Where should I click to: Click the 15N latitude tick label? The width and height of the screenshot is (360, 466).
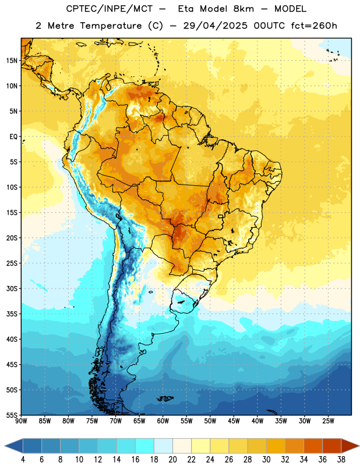(12, 61)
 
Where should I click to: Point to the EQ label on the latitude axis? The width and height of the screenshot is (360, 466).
(13, 137)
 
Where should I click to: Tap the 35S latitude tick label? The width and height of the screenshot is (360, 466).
(12, 314)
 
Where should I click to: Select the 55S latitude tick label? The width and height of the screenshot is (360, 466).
(12, 415)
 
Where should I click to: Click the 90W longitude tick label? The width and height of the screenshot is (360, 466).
(22, 421)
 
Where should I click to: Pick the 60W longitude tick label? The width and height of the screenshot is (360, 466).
(163, 421)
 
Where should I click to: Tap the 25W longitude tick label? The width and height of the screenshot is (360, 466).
(328, 421)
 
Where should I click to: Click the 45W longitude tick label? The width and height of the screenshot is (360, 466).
(234, 421)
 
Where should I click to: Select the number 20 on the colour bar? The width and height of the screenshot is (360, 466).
(172, 460)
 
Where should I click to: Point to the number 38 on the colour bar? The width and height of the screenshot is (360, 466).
(341, 460)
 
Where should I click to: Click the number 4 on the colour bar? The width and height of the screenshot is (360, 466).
(23, 460)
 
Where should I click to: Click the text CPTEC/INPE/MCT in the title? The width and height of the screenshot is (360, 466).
(110, 9)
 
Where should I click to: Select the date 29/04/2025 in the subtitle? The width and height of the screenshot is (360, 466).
(215, 26)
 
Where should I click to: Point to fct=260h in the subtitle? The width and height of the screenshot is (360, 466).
(314, 26)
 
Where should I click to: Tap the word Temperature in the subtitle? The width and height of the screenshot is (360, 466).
(111, 26)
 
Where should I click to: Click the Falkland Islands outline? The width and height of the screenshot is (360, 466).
(165, 398)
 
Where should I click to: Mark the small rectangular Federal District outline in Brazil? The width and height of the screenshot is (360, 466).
(221, 216)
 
